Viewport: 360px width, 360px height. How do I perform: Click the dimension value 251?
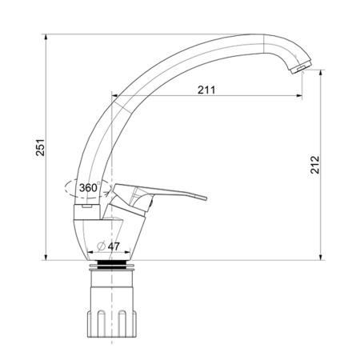coord(41,147)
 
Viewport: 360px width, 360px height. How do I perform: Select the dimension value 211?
coord(206,90)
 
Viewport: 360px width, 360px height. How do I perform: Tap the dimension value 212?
coord(315,165)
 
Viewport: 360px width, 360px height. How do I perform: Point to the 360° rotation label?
coord(90,187)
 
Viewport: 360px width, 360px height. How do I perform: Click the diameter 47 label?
coord(109,246)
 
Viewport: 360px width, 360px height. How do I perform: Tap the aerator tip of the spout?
coord(301,68)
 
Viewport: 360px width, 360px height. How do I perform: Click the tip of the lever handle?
coord(206,198)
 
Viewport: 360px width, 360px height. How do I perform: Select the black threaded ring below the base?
coord(112,265)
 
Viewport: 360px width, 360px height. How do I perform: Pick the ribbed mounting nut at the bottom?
coord(112,323)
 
